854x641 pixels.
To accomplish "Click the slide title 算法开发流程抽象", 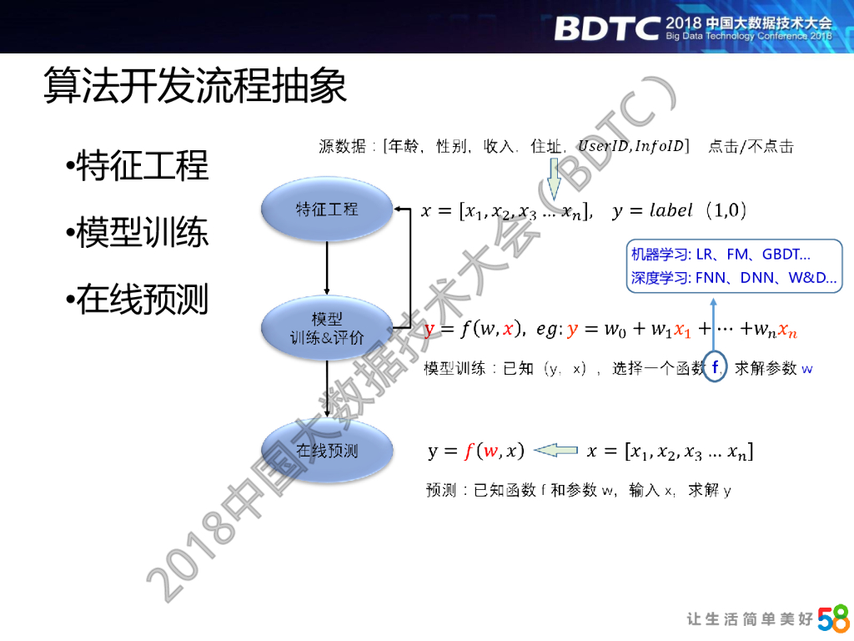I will [x=195, y=87].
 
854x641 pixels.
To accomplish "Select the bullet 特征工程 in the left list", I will [x=142, y=165].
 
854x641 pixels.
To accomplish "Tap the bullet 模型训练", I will [x=142, y=232].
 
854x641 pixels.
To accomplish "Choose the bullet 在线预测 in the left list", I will [x=142, y=299].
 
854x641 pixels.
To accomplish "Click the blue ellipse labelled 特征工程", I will [x=327, y=209].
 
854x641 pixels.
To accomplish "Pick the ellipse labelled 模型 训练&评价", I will [x=327, y=328].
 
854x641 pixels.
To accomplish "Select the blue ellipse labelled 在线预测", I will [x=327, y=451].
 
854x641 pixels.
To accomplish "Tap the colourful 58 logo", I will [x=833, y=618].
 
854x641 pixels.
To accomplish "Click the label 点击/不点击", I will [x=751, y=147].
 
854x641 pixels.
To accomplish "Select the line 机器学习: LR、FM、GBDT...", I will [x=721, y=255].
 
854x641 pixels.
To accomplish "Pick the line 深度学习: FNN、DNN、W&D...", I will [x=734, y=278].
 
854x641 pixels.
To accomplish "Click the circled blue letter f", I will [x=716, y=366].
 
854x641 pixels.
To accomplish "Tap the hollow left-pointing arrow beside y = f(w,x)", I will [x=555, y=451].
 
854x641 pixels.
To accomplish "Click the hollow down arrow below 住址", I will [x=553, y=179].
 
